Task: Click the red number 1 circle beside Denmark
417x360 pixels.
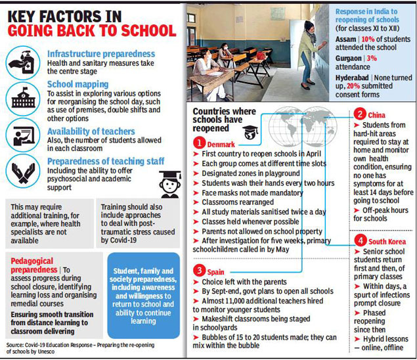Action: point(198,143)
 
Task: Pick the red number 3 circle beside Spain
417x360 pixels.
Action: point(198,269)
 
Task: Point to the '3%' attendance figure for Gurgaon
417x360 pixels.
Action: point(379,58)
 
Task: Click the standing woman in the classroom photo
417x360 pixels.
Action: point(307,53)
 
